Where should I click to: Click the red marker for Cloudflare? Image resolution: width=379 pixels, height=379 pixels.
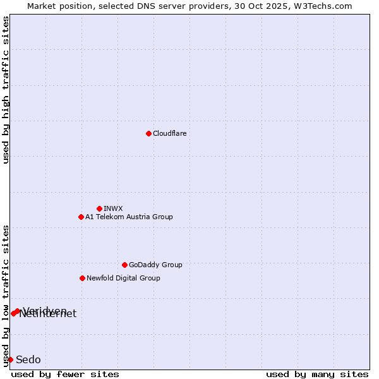148,133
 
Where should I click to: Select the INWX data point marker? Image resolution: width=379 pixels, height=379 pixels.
99,208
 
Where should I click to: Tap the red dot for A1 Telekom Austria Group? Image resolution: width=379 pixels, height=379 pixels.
81,217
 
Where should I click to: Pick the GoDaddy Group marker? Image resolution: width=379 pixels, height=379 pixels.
124,265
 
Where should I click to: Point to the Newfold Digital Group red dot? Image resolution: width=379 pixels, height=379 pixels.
82,278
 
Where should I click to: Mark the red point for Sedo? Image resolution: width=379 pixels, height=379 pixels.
10,359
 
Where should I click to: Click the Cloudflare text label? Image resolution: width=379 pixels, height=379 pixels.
169,133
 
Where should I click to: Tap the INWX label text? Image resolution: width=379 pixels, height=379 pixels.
113,208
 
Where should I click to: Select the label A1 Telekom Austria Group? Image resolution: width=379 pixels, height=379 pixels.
129,217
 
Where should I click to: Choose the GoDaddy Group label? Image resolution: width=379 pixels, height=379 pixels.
155,265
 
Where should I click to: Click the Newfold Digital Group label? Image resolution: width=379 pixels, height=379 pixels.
123,278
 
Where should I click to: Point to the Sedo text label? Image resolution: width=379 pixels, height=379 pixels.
28,359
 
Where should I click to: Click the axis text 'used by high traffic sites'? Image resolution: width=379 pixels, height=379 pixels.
6,90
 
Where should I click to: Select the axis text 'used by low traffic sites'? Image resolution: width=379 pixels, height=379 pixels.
6,295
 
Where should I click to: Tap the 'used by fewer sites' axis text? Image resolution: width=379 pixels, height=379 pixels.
65,374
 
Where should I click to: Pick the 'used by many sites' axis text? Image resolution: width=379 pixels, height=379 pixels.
317,374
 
